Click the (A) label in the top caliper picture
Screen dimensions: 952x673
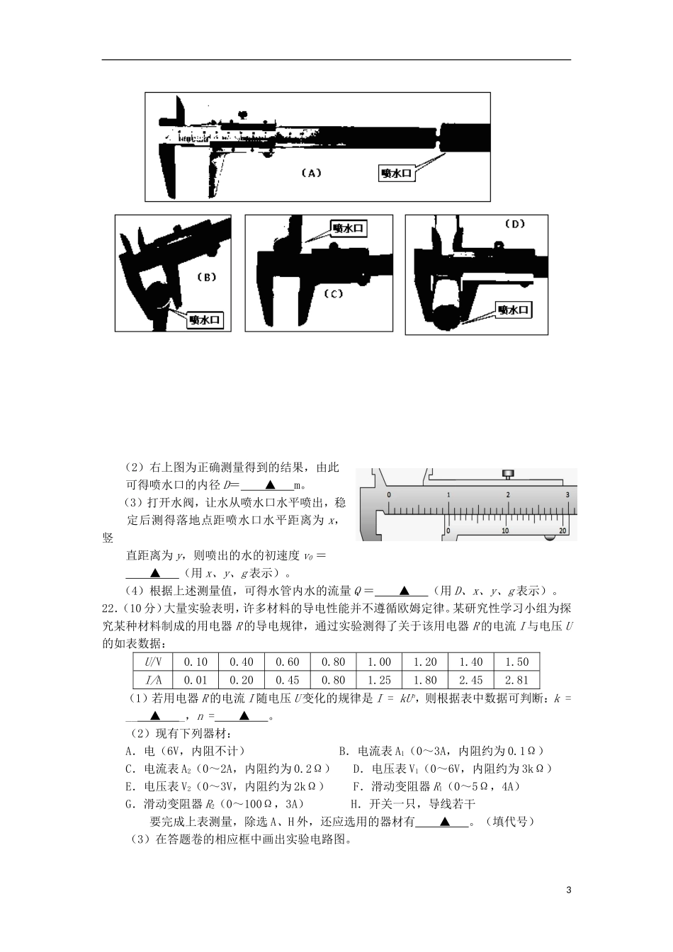312,172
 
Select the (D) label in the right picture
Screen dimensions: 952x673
515,225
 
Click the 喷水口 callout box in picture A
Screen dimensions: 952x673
395,174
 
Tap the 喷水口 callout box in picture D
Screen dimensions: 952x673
514,310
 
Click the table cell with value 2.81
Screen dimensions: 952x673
517,681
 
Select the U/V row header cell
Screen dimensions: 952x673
153,662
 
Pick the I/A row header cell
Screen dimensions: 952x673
153,681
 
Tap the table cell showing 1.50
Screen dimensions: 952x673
517,662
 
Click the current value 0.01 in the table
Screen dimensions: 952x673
196,681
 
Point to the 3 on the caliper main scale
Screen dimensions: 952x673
567,494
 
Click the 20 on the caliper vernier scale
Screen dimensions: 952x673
562,530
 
